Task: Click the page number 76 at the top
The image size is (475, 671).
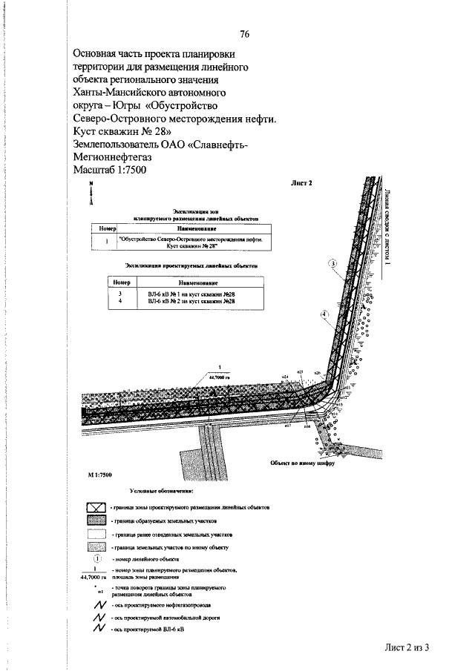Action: [245, 33]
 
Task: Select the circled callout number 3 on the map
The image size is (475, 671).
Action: [333, 264]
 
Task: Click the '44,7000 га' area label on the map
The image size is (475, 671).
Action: [220, 376]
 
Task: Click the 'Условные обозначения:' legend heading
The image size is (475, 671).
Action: [161, 490]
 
